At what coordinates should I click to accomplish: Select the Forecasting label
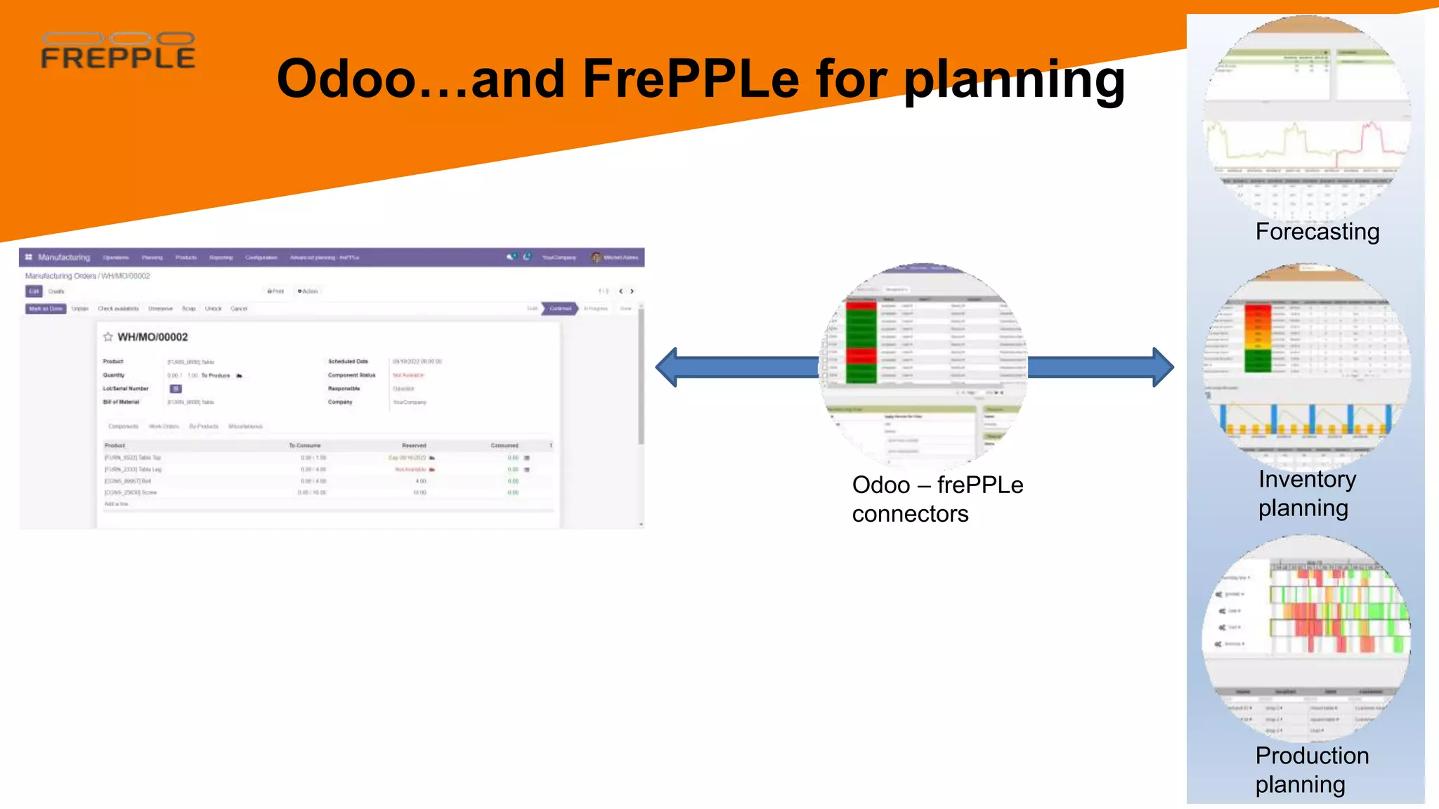coord(1317,232)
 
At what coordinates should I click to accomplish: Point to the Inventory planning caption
coord(1306,493)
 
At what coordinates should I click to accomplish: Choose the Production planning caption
coord(1311,770)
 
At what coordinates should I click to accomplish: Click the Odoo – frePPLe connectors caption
coord(937,499)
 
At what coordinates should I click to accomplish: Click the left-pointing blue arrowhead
coord(668,367)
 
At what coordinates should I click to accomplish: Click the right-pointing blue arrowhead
coord(1162,367)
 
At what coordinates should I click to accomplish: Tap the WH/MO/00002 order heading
coord(152,337)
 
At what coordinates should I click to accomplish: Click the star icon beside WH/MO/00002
coord(108,337)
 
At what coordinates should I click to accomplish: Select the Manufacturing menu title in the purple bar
coord(64,258)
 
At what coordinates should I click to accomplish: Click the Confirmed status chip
coord(560,309)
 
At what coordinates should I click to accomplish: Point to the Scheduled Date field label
coord(348,362)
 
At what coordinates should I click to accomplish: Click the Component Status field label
coord(351,375)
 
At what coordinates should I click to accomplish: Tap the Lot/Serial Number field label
coord(126,388)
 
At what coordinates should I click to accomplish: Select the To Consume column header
coord(304,446)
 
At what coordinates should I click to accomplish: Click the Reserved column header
coord(414,446)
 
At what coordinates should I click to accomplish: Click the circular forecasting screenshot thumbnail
coord(1307,118)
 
